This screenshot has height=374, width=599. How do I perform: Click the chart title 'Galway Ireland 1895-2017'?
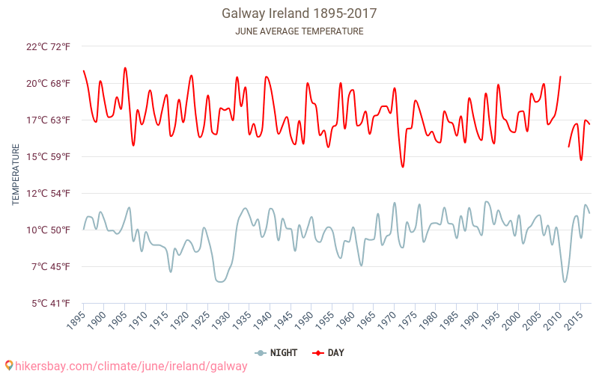click(299, 13)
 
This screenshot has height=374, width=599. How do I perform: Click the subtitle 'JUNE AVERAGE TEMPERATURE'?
click(299, 31)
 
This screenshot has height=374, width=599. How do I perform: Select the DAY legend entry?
click(329, 352)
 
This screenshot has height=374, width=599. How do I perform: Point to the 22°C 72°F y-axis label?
click(48, 46)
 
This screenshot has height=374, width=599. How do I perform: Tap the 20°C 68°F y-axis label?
click(48, 83)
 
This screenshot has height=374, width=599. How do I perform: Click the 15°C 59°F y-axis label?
click(48, 156)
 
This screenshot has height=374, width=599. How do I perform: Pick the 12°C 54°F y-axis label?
click(48, 193)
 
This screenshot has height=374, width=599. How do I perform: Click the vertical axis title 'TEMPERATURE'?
click(16, 175)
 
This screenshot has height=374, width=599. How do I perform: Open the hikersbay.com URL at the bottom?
click(126, 366)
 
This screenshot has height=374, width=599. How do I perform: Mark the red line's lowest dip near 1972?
click(403, 167)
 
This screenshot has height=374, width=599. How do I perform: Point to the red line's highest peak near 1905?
click(125, 68)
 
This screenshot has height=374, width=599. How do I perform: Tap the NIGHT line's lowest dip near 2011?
click(565, 282)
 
